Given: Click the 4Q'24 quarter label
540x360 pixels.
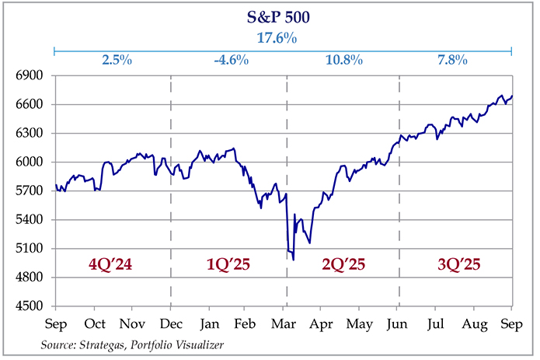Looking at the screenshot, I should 111,264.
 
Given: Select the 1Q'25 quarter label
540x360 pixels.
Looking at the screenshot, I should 226,264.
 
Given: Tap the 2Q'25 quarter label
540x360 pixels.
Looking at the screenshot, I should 342,264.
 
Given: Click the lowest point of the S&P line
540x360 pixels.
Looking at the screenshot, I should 293,259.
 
